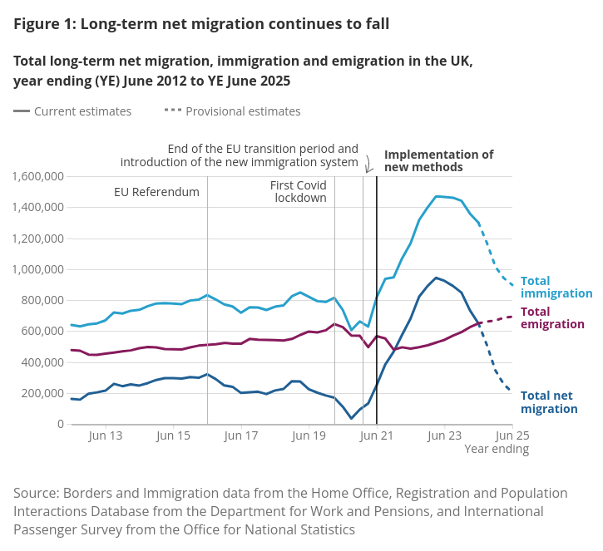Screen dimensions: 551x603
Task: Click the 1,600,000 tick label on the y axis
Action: click(38, 176)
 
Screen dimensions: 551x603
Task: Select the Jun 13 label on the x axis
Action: click(105, 435)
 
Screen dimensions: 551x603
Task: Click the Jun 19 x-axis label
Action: click(309, 435)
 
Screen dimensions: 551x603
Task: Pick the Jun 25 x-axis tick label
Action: click(512, 435)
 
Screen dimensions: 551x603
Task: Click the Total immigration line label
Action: click(556, 288)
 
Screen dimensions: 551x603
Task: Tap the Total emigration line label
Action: click(551, 318)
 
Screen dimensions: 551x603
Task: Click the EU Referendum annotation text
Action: click(156, 192)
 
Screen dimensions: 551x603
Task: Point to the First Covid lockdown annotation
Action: click(299, 192)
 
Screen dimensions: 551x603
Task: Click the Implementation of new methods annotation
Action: click(438, 160)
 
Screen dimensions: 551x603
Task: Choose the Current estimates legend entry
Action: click(72, 111)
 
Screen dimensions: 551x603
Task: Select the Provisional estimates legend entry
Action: click(233, 111)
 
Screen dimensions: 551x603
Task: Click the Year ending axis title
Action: click(497, 450)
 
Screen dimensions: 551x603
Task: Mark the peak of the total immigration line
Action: click(437, 197)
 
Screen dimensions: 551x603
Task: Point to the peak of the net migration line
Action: click(436, 278)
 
